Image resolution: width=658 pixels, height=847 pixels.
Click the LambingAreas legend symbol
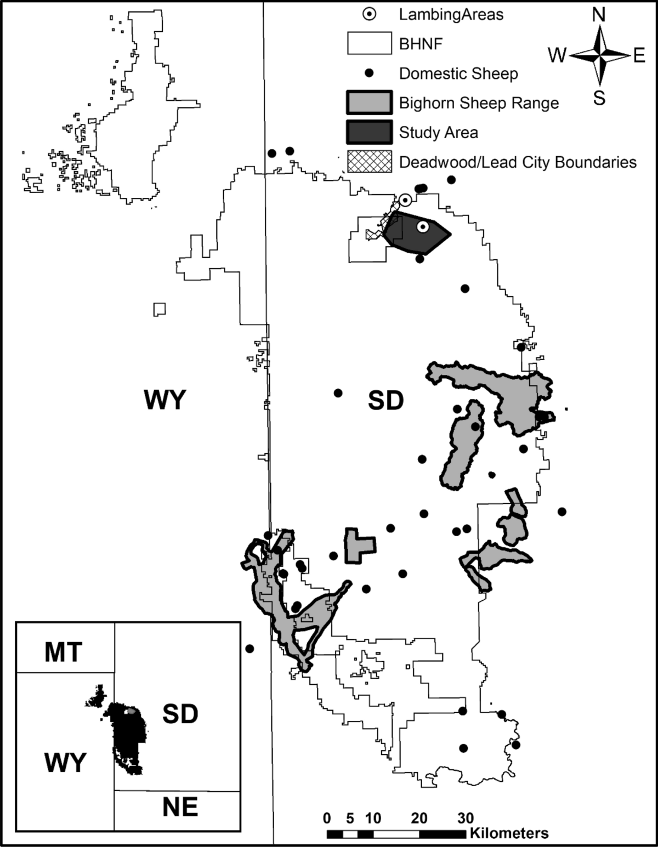tap(370, 15)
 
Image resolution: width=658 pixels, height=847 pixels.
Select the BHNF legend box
tap(370, 44)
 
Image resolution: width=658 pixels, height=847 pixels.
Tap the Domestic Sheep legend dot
tap(370, 73)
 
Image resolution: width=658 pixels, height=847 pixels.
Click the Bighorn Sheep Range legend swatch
tap(370, 103)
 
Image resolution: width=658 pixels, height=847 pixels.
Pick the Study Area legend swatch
tap(370, 132)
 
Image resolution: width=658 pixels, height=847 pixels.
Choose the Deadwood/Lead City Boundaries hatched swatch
tap(370, 162)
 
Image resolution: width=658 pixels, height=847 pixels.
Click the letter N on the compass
tap(599, 15)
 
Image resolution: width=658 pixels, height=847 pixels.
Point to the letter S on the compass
tap(599, 99)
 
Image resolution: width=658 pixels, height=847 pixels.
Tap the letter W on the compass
tap(557, 55)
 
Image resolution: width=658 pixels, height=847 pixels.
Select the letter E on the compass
tap(639, 55)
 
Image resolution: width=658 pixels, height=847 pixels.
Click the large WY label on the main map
tap(165, 400)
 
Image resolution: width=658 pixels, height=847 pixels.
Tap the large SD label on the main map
tap(385, 401)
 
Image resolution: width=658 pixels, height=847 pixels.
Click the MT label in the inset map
tap(63, 652)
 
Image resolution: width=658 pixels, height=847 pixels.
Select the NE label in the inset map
tap(180, 808)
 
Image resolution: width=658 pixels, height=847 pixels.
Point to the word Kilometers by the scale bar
tap(509, 833)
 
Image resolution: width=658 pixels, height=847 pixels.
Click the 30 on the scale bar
tap(466, 818)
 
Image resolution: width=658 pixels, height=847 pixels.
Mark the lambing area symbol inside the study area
tap(422, 226)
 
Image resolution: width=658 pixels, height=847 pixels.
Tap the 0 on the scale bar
tap(327, 818)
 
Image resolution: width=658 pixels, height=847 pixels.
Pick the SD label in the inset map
tap(180, 714)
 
